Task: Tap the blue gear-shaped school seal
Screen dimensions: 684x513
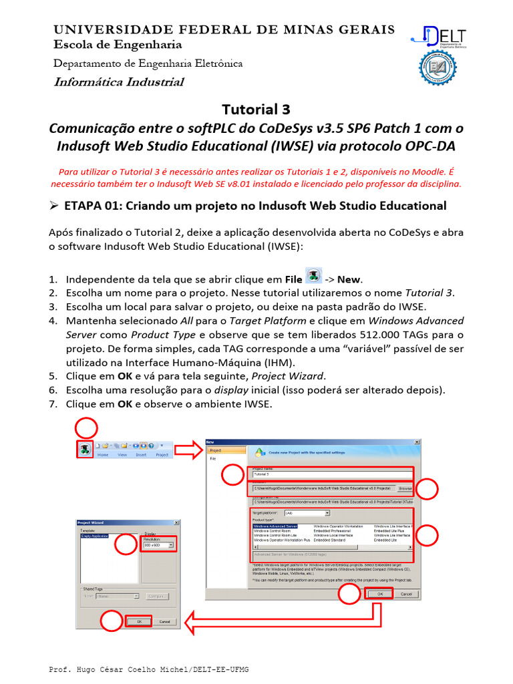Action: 437,69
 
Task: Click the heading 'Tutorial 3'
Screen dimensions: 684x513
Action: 256,109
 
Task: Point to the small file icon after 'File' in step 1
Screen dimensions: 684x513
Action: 313,277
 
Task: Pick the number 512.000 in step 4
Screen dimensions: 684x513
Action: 363,334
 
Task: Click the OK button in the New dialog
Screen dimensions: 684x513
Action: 379,593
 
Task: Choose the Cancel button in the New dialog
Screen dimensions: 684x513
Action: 405,593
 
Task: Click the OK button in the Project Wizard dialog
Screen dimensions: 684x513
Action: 139,621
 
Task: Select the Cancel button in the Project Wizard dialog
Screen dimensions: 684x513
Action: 164,621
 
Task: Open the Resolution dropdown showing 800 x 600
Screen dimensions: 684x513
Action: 159,545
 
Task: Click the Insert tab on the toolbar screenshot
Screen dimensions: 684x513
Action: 141,454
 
